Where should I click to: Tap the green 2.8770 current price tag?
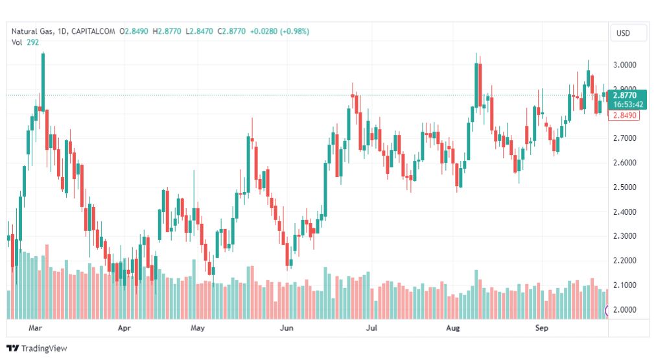(627, 100)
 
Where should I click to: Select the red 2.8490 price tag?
(624, 115)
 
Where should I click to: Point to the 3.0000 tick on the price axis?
(625, 65)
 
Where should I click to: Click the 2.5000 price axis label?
(625, 187)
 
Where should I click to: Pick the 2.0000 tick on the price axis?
(625, 310)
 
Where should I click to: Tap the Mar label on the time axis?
(35, 328)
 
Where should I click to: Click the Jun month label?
(287, 328)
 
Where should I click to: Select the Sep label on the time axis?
(541, 328)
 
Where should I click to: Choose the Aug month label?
(452, 328)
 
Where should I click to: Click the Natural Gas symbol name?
(32, 31)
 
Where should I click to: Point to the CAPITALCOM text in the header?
(93, 31)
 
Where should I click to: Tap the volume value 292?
(32, 42)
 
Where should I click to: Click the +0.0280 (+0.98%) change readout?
(279, 31)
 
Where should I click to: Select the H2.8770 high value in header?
(167, 31)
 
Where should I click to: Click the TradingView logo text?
(44, 348)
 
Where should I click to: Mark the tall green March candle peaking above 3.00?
(43, 82)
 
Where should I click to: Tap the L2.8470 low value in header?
(199, 31)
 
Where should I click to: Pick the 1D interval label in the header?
(62, 31)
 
